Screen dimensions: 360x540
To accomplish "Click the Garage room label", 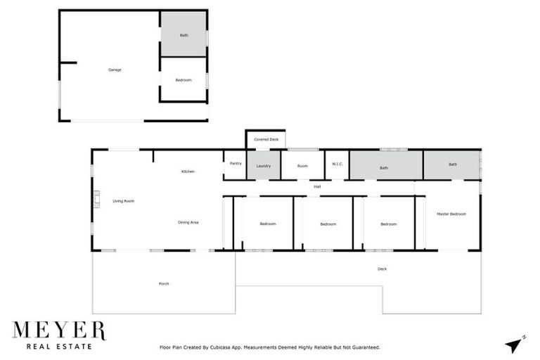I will click(x=115, y=70).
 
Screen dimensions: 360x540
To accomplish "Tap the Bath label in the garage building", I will click(x=184, y=34).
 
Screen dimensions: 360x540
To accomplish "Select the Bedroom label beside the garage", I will click(x=183, y=80).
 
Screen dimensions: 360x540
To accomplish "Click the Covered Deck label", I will click(x=266, y=140).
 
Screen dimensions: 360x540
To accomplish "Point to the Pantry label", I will click(x=236, y=163).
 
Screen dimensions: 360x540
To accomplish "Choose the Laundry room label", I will click(x=264, y=166).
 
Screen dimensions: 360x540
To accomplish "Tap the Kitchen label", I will click(x=188, y=172).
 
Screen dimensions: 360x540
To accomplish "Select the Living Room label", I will click(x=123, y=201).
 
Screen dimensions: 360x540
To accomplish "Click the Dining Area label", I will click(x=188, y=222).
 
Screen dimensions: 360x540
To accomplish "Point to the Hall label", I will click(x=317, y=186).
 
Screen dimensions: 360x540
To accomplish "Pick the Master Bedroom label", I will click(x=451, y=214).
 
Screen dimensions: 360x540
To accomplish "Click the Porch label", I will click(x=164, y=283).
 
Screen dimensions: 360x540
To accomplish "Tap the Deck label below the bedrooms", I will click(x=382, y=269).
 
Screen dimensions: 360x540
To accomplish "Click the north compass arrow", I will click(x=515, y=343).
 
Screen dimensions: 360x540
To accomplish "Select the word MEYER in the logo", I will click(x=58, y=331).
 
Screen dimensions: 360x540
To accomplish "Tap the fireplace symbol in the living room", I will click(x=97, y=201).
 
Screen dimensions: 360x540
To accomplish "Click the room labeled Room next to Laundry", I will click(x=302, y=166).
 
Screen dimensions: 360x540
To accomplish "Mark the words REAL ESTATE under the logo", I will click(x=58, y=346).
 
